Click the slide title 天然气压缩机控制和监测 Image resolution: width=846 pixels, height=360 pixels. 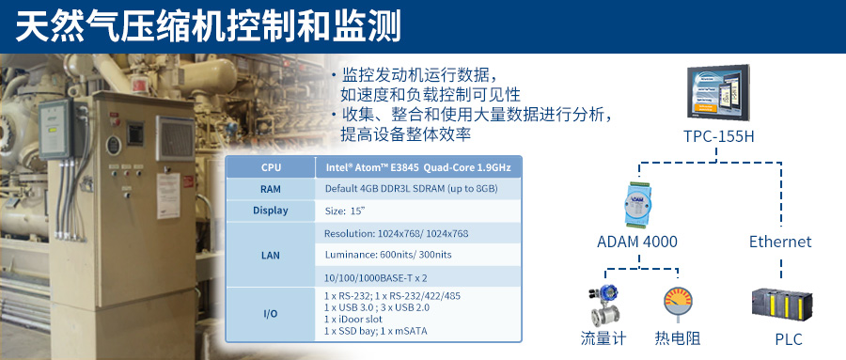(208, 26)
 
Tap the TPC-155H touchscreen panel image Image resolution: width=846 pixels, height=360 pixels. (718, 92)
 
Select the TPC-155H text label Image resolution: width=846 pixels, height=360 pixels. (719, 136)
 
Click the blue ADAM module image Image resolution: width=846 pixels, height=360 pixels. (640, 203)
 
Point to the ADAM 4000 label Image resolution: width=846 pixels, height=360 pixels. (637, 242)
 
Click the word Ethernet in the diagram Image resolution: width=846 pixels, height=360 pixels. (780, 242)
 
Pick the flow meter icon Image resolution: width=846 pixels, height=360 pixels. (603, 306)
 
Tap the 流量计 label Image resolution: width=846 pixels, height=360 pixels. (603, 338)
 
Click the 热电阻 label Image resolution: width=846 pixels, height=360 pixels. (678, 338)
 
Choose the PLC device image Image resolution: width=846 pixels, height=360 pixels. (782, 304)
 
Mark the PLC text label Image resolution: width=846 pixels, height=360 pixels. (789, 339)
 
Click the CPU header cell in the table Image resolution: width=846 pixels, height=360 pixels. (271, 167)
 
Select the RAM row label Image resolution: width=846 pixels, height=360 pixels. (271, 189)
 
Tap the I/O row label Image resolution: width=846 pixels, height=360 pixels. (271, 314)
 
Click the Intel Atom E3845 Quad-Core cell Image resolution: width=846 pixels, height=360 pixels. (418, 167)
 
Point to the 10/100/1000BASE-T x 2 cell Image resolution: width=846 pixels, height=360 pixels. (376, 277)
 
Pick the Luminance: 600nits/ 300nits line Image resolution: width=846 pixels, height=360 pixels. (388, 255)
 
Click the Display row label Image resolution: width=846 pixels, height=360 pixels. (271, 211)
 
